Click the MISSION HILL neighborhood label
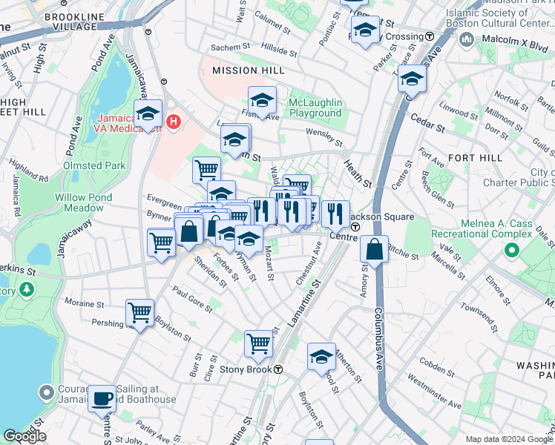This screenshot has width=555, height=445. point(248,70)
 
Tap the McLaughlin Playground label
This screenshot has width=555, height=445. point(315,108)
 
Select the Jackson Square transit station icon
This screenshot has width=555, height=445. point(355,226)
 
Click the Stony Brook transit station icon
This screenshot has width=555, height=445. point(277,369)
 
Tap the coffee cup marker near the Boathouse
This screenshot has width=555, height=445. point(102,398)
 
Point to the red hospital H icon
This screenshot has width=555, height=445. point(174,121)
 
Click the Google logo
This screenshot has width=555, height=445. point(24,435)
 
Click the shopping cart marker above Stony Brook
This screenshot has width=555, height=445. point(257,343)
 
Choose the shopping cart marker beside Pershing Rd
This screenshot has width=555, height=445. point(139,312)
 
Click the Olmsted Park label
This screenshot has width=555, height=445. point(94,165)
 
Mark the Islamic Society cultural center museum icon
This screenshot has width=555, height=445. point(467,38)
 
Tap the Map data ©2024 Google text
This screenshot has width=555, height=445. point(508,438)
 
